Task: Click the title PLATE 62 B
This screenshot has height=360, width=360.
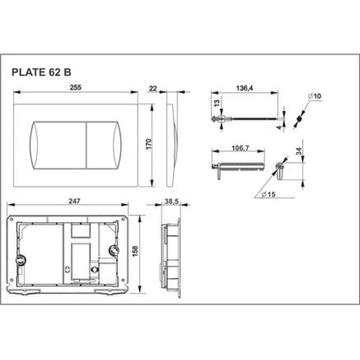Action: pyautogui.click(x=41, y=70)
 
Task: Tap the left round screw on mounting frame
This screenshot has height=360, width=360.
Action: pyautogui.click(x=20, y=260)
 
